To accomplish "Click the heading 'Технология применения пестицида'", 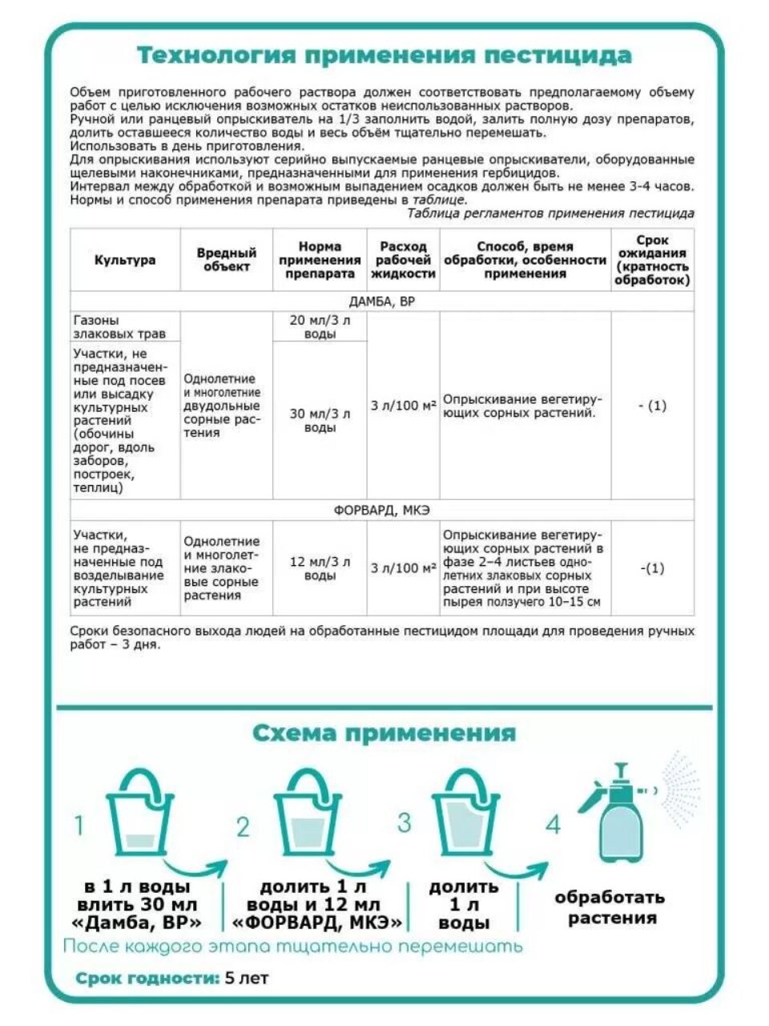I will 384,55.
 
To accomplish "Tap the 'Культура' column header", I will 125,260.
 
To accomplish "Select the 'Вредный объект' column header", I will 227,260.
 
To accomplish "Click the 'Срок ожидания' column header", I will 652,260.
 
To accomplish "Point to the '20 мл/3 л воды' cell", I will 320,326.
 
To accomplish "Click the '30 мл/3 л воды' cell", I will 320,421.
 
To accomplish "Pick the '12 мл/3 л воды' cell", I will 320,568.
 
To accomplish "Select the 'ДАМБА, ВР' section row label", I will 383,301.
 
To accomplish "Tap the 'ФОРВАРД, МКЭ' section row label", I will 383,510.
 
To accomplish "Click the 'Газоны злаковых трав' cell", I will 107,326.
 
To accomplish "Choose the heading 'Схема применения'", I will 384,733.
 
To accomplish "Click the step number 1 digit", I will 79,825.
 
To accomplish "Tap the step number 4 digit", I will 553,825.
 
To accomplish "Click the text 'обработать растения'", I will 610,907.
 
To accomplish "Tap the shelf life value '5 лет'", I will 248,979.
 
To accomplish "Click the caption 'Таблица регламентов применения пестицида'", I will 550,213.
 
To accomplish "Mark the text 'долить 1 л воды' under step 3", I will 464,905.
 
